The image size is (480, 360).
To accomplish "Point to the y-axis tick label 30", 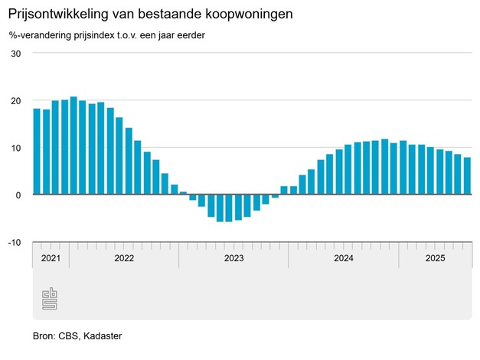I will point(15,54).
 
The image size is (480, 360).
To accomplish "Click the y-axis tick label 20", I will point(15,101).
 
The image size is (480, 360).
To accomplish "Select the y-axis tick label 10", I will point(15,148).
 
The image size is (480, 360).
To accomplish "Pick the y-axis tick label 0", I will point(18,195).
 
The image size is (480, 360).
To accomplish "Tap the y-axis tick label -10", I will point(14,242).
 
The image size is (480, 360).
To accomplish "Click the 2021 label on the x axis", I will point(51,258).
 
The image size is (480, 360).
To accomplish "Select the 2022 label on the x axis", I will point(124,258).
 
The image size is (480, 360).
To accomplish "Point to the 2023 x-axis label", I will point(233,258).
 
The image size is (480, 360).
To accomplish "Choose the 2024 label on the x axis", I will point(344,258).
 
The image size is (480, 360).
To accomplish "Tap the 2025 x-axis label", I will point(435,258).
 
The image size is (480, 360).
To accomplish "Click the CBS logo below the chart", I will point(50,299).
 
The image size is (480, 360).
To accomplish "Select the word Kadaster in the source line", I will point(103,336).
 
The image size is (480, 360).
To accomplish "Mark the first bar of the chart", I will point(37,152).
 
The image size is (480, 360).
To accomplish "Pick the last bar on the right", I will point(467,176).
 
